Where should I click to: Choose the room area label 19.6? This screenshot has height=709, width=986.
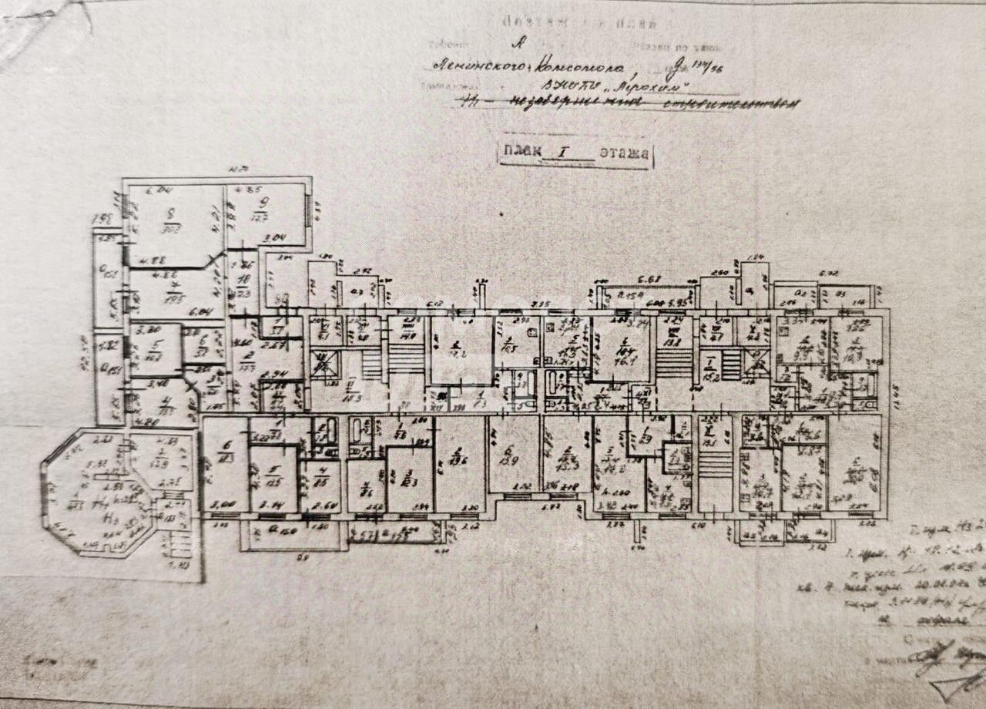click(460, 460)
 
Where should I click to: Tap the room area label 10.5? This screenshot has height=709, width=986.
click(510, 346)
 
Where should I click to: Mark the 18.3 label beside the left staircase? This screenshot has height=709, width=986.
click(353, 398)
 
